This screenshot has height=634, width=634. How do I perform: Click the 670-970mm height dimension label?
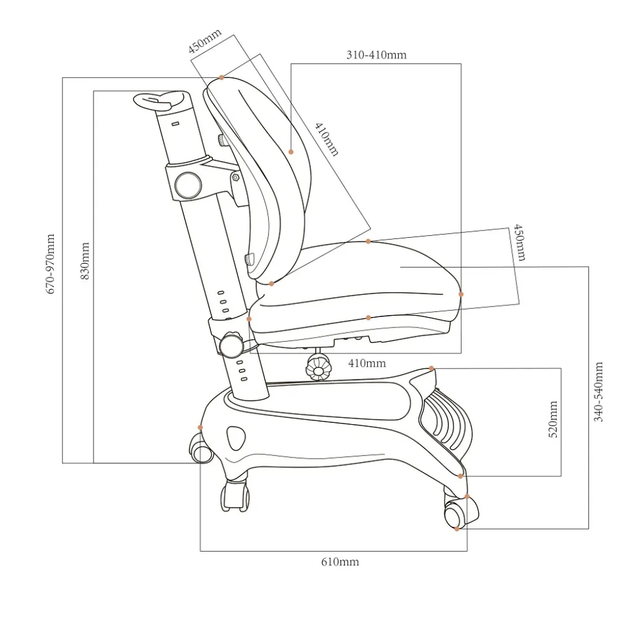51,264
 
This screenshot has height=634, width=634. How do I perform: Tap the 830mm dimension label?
85,261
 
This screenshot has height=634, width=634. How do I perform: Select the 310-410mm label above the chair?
376,54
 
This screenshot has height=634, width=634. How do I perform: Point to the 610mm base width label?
340,562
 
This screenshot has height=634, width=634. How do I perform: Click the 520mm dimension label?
553,419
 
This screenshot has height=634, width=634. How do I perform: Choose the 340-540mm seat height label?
599,392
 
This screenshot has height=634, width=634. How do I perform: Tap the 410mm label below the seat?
367,363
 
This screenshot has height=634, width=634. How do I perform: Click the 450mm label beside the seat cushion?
519,243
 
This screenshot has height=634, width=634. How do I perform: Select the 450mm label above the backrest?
204,41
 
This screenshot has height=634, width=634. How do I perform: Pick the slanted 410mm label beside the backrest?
327,139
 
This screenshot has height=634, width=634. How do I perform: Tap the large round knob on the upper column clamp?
188,185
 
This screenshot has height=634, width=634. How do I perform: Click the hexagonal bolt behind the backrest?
235,177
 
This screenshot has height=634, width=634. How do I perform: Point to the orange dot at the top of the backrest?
222,77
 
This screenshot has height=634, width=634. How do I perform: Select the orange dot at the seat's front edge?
461,294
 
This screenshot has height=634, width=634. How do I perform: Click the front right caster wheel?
460,513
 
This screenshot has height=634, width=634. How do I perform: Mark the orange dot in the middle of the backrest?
291,152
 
